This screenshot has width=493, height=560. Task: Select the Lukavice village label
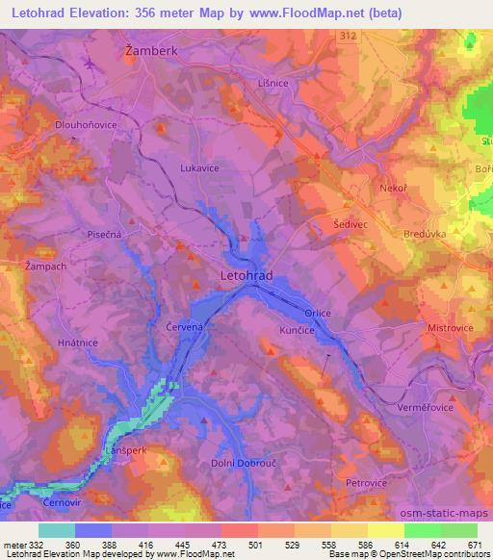[x=199, y=166]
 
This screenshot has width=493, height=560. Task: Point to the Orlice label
[x=318, y=312]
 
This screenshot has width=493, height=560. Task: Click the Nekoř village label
[x=395, y=188]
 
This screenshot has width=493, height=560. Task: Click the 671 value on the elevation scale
[x=474, y=544]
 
